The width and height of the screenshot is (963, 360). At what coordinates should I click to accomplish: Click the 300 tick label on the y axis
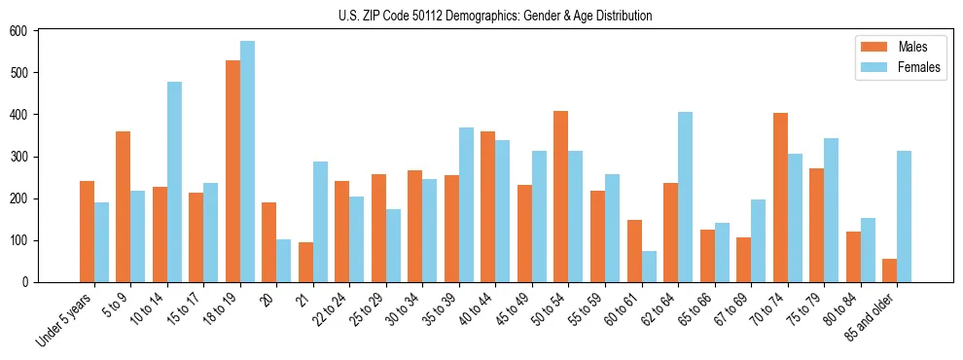(19, 157)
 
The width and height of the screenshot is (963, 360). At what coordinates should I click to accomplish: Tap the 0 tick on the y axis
(26, 282)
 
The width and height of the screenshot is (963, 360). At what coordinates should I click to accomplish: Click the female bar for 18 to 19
(247, 162)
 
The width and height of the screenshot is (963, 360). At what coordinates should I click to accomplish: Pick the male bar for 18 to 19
(232, 171)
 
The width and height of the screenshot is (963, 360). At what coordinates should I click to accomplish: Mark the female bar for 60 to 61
(649, 267)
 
